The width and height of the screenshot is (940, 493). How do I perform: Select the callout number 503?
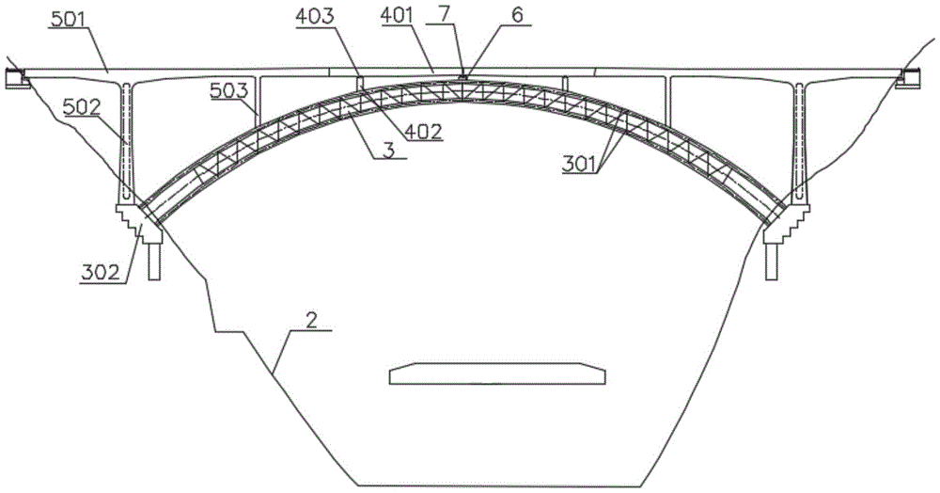(x=227, y=90)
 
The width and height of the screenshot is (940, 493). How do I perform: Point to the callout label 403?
(x=315, y=17)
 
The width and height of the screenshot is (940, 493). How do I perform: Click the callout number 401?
(x=398, y=17)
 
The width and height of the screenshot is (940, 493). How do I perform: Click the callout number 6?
(x=517, y=16)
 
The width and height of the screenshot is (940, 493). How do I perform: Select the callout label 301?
(x=579, y=164)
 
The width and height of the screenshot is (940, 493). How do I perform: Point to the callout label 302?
(x=101, y=273)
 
